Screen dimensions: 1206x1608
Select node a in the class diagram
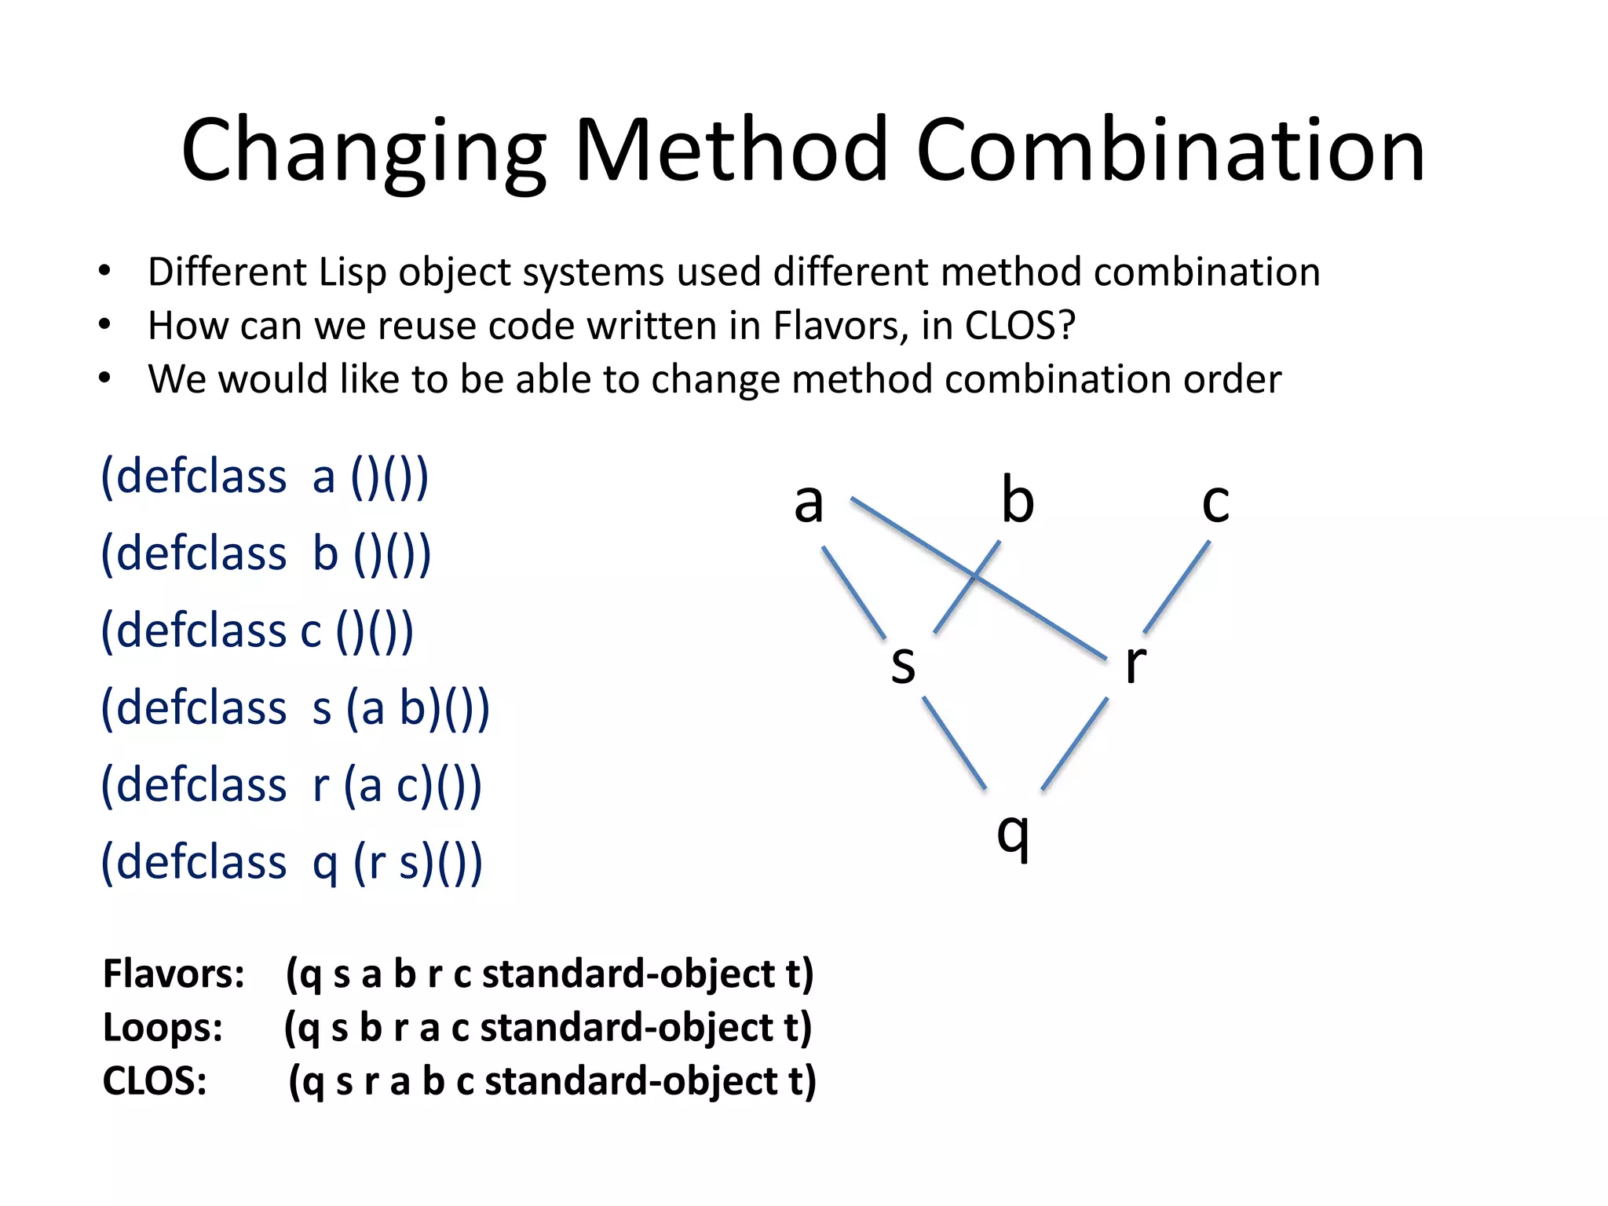(809, 502)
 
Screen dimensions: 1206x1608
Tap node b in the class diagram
(1018, 499)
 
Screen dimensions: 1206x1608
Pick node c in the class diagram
(1215, 502)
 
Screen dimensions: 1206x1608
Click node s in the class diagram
(903, 663)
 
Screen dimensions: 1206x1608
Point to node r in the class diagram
(1135, 663)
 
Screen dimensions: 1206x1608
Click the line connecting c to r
(1177, 587)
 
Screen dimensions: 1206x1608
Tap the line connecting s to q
(954, 743)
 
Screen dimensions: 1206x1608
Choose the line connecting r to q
(1074, 743)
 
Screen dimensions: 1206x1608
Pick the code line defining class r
(291, 785)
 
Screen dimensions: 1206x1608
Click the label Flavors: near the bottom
(174, 974)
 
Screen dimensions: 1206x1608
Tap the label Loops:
(163, 1027)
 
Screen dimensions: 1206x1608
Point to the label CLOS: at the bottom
(155, 1080)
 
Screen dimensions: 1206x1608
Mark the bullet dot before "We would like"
(104, 378)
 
